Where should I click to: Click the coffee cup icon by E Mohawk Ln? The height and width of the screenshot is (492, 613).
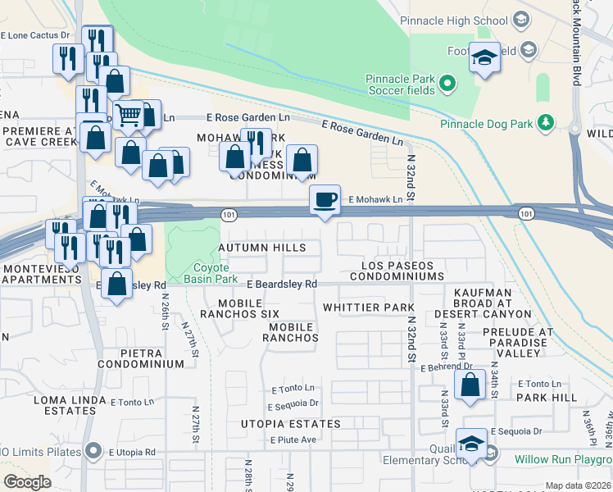coord(325,199)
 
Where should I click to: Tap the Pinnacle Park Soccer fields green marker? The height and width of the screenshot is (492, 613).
coord(447,83)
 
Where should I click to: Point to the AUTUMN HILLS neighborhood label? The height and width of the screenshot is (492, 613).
coord(261,248)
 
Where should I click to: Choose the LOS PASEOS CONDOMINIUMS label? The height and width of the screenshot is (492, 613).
coord(397,271)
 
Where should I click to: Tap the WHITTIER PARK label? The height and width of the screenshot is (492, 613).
coord(368,307)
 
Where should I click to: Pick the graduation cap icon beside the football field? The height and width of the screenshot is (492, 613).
coord(484,57)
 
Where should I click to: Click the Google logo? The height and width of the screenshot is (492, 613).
coord(27,482)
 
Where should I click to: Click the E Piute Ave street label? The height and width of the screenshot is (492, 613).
coord(293,440)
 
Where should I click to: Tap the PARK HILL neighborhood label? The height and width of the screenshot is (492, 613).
coord(546,397)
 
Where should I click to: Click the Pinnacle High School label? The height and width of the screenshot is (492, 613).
coord(452,20)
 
